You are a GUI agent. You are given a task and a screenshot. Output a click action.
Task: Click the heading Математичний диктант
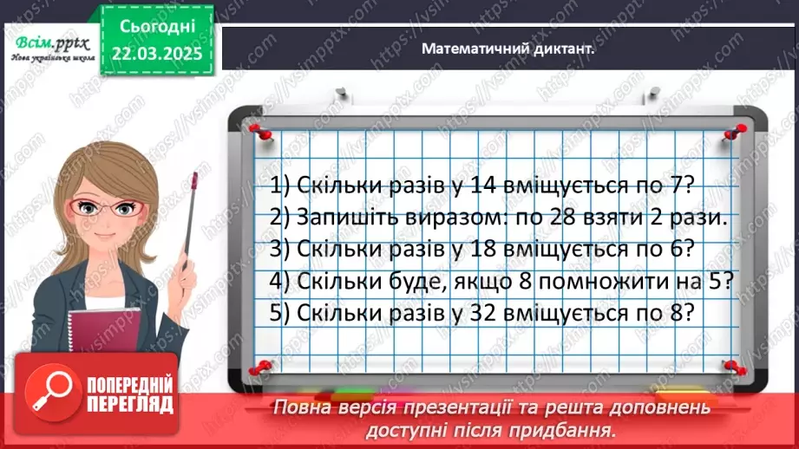[x=508, y=49]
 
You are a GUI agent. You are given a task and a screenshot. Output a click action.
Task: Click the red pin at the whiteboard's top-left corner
[x=256, y=129]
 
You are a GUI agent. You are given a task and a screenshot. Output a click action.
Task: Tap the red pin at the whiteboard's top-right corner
[x=737, y=130]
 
